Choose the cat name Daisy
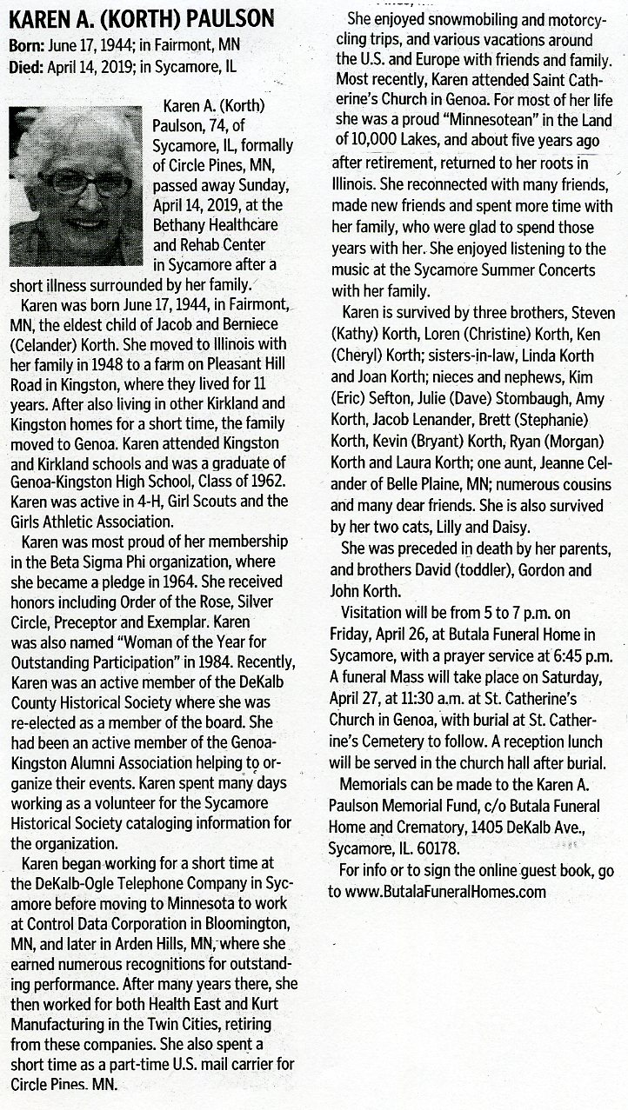(528, 526)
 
